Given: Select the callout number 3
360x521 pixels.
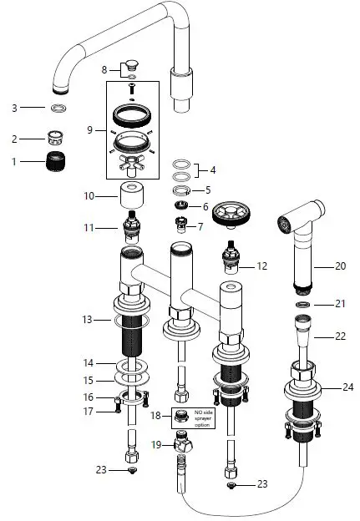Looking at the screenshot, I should [13, 108].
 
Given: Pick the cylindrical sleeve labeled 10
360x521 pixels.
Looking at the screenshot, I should [133, 198].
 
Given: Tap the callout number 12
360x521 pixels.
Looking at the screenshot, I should [261, 266].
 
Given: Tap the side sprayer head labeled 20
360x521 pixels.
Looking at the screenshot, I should [298, 249].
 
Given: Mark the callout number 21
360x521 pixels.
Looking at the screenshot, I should [340, 304].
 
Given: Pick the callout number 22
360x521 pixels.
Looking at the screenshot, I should [340, 336].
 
